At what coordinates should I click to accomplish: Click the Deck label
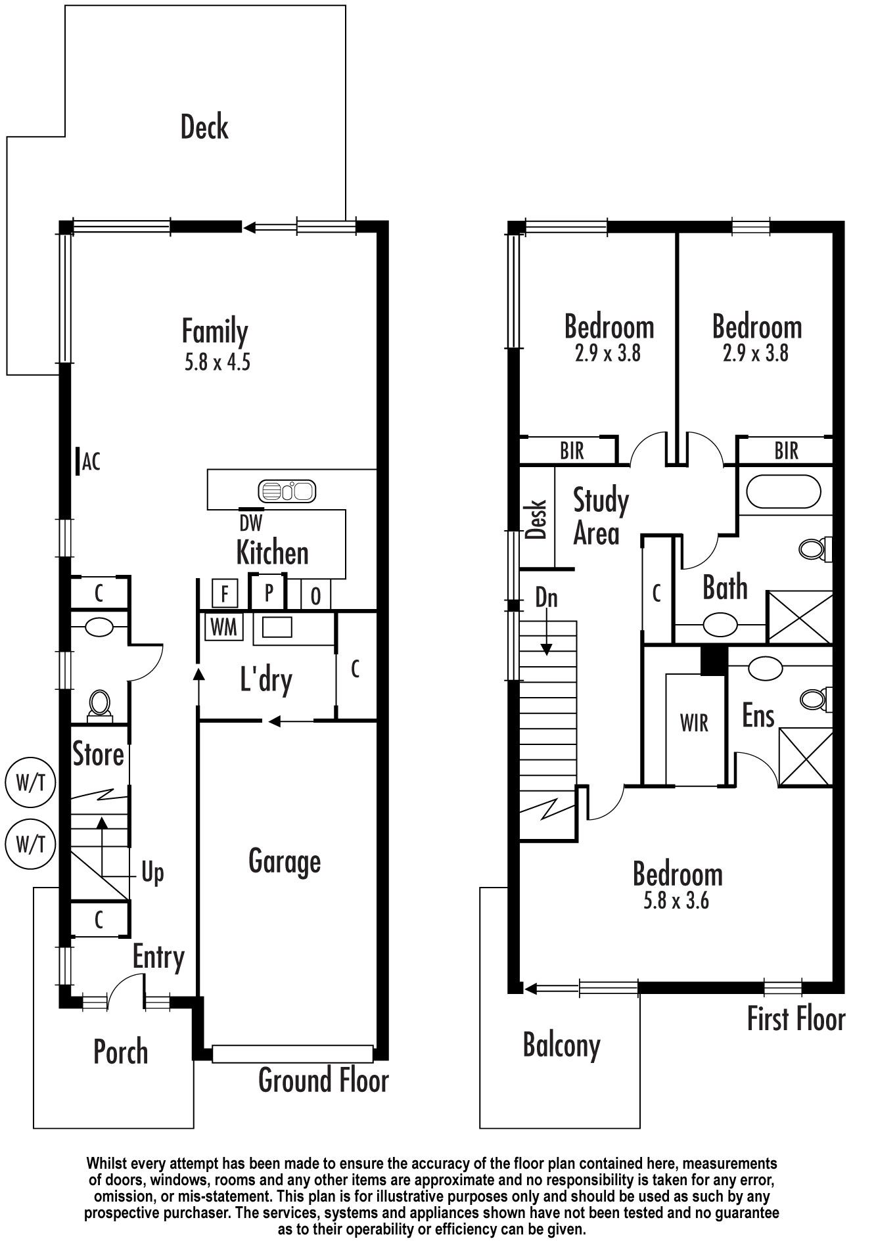click(204, 127)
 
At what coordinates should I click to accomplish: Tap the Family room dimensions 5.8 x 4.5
click(218, 362)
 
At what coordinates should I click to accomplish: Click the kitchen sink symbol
click(287, 490)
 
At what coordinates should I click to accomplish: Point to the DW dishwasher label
click(250, 523)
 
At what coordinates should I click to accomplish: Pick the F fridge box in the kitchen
click(224, 594)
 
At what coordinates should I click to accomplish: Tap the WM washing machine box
click(224, 626)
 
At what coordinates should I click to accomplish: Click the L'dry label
click(266, 681)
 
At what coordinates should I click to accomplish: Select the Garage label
click(285, 861)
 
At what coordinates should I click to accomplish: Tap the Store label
click(98, 754)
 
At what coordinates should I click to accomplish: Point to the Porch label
click(121, 1051)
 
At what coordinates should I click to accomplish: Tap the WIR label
click(694, 723)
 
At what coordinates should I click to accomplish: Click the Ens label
click(758, 715)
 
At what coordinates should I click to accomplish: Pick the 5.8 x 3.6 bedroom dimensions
click(677, 900)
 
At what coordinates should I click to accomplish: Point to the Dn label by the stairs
click(546, 597)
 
